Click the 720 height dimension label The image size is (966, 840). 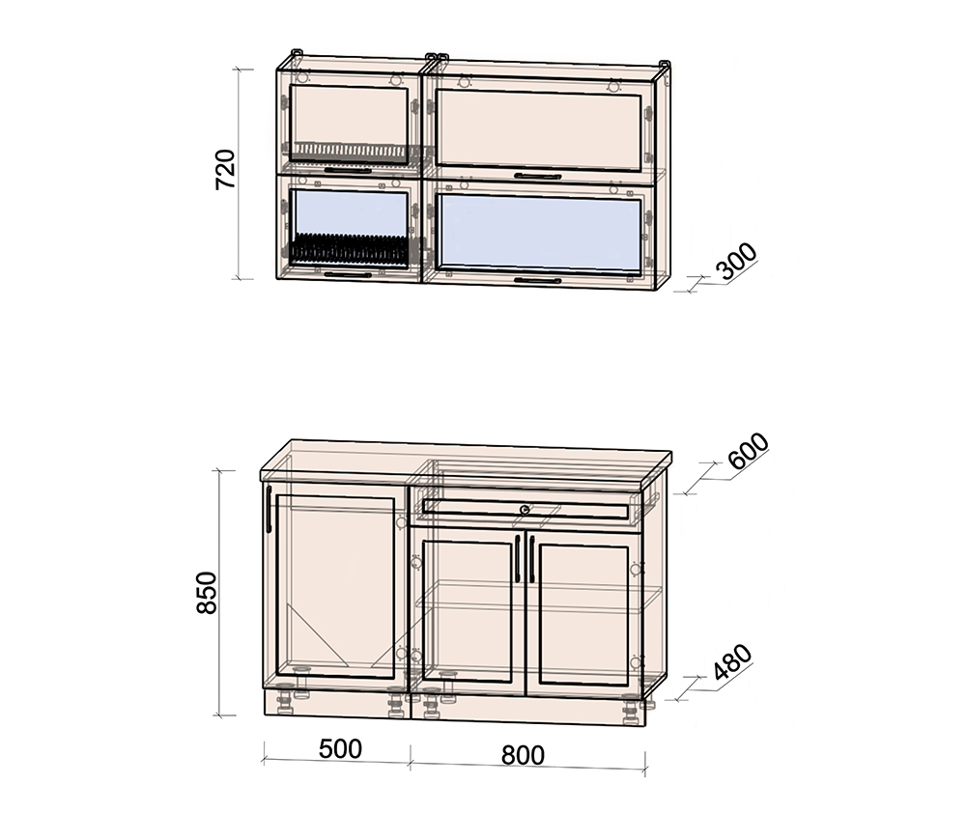[225, 169]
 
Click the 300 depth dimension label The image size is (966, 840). [737, 261]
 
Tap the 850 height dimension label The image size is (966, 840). [207, 593]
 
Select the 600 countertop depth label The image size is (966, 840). [749, 451]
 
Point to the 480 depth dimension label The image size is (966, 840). [732, 662]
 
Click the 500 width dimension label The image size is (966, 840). [340, 749]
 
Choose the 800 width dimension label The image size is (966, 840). [523, 755]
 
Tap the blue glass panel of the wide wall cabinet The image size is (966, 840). [536, 231]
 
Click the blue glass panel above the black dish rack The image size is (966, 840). [349, 212]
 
